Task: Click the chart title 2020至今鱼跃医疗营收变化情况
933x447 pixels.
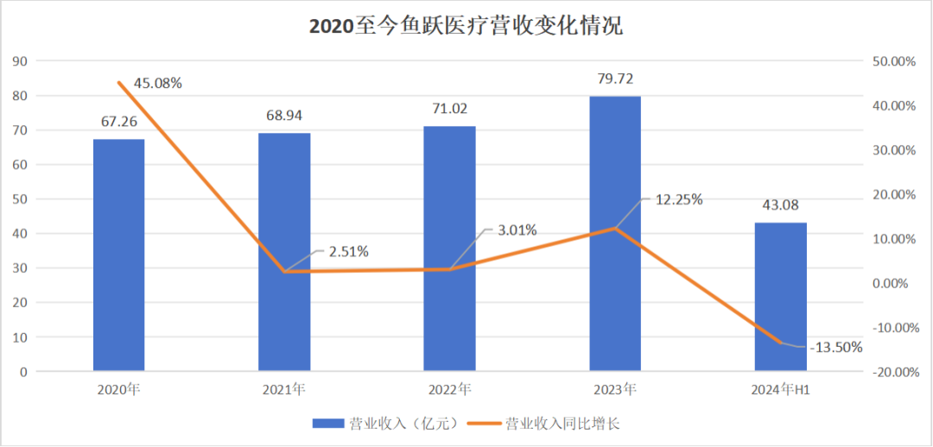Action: point(466,27)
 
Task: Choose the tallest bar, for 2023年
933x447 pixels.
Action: point(615,234)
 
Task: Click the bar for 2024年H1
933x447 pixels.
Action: point(780,297)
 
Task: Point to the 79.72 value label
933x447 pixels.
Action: point(615,79)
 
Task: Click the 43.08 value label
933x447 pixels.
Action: point(780,205)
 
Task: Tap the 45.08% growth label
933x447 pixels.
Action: point(157,83)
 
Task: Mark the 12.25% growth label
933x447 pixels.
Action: point(679,199)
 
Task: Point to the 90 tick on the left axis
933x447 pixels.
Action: point(20,61)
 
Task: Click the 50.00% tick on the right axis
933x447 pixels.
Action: point(894,61)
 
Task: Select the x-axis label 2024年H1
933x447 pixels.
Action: point(780,390)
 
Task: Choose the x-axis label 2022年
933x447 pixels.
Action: point(449,390)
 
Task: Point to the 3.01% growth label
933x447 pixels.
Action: point(517,230)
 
